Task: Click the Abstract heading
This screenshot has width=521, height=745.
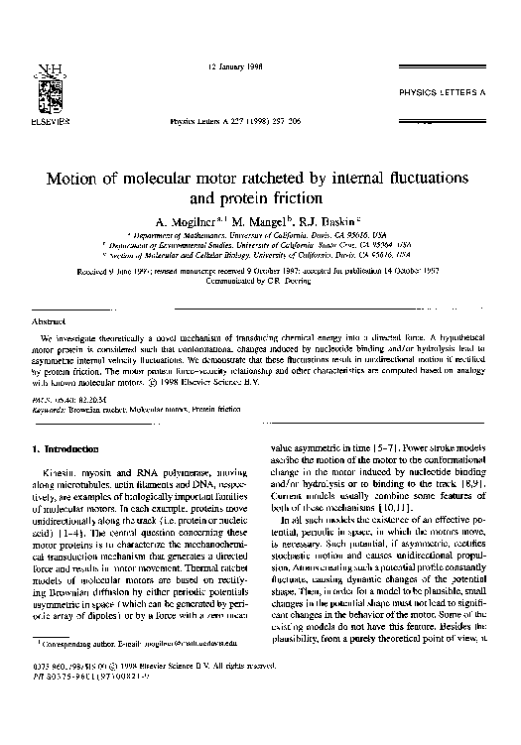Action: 50,322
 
